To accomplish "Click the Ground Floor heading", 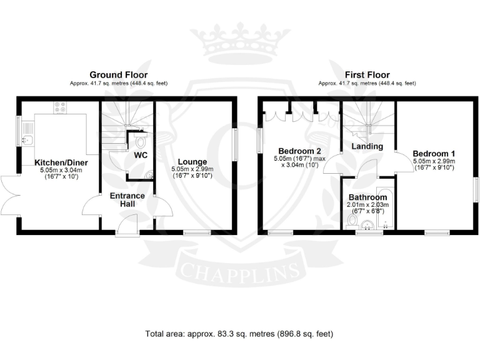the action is pos(119,75).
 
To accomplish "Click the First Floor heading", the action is pos(367,75).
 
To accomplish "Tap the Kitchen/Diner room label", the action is pos(61,162).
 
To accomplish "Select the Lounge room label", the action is pos(192,162).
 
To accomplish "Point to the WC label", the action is pos(141,155).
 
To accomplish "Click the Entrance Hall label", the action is pos(127,199).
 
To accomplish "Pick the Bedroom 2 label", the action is pos(300,151).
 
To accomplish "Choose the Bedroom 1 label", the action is pos(434,153).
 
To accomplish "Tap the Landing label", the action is pos(367,146).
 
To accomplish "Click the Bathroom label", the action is pos(367,197).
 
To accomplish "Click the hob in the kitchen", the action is pos(60,107).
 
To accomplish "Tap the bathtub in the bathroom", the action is pos(385,207).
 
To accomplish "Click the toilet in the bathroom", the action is pos(352,222).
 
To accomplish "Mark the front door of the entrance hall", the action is pos(127,225).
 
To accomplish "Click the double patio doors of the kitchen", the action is pos(11,195).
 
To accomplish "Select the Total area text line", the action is pos(239,334).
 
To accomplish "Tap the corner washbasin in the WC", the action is pos(149,174).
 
